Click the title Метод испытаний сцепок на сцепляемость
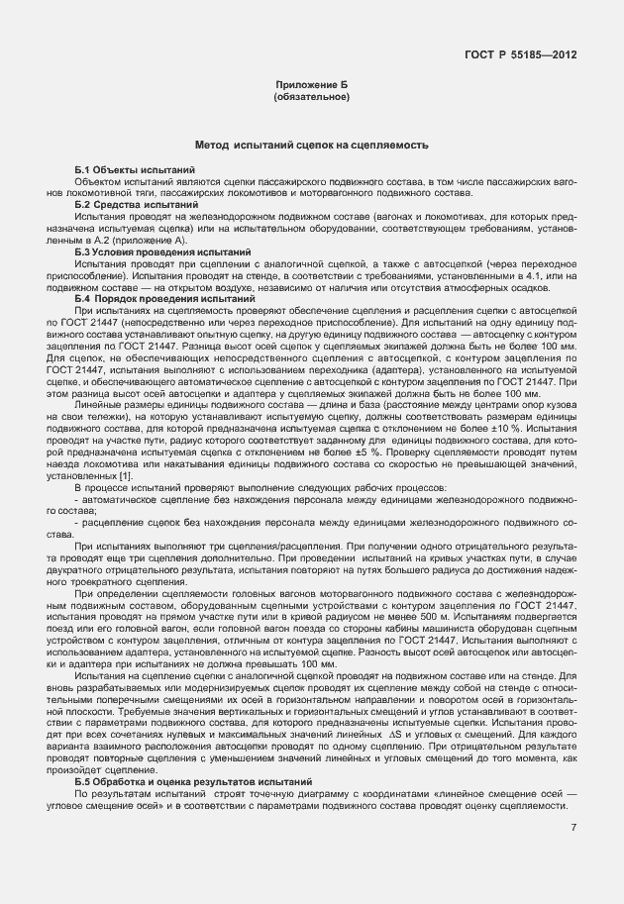click(x=311, y=146)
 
